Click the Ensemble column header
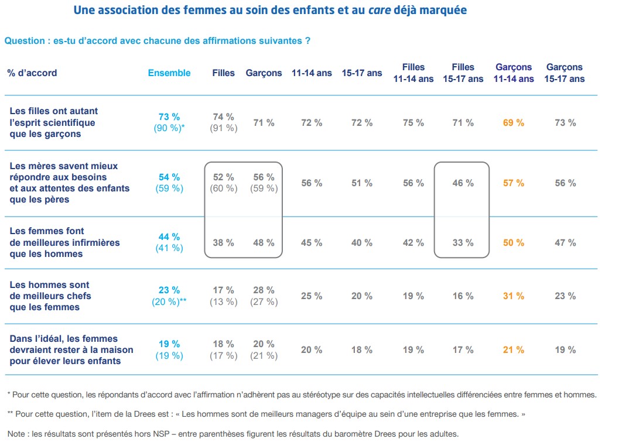coord(169,73)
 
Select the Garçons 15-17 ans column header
coord(565,73)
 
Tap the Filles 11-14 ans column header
coord(413,73)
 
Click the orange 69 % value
coord(514,123)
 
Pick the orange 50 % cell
coord(514,243)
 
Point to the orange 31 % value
coord(514,296)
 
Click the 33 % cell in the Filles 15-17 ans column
coord(463,243)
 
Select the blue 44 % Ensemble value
coord(169,237)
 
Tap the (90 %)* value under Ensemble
coord(170,128)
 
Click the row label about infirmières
coord(64,242)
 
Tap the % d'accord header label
coord(32,73)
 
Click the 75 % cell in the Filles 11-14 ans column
coord(413,123)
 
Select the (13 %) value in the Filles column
coord(223,302)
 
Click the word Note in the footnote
coord(17,434)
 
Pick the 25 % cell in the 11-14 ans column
coord(312,296)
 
